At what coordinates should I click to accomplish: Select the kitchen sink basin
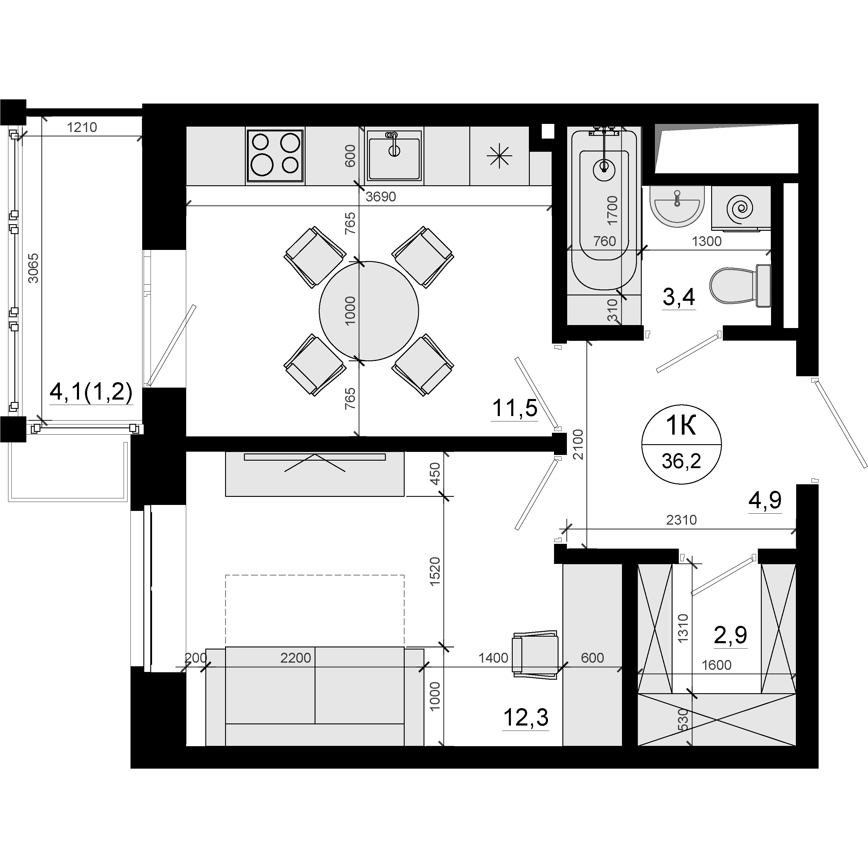(x=394, y=155)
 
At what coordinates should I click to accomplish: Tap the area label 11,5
(x=515, y=408)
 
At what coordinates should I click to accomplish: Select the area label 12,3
(x=526, y=717)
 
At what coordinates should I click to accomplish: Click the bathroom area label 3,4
(x=679, y=297)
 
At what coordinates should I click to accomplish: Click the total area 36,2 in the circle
(x=681, y=461)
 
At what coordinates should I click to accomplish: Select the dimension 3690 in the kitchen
(x=380, y=196)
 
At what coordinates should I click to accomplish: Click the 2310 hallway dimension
(x=682, y=520)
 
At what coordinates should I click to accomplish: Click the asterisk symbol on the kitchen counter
(x=499, y=157)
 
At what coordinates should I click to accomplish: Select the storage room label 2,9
(x=731, y=635)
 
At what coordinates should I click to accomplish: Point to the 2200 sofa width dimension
(x=296, y=658)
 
